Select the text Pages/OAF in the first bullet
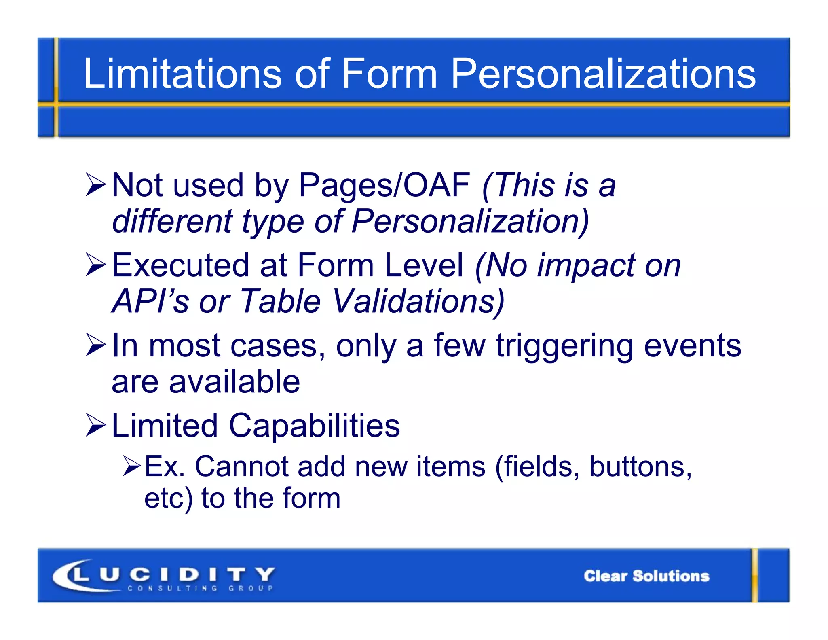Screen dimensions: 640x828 [x=384, y=186]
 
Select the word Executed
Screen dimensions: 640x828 [x=180, y=265]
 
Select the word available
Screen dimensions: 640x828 [x=234, y=382]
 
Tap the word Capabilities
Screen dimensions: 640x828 [x=314, y=426]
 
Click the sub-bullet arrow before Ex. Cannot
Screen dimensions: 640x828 [x=131, y=466]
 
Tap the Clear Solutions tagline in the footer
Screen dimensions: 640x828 [x=646, y=576]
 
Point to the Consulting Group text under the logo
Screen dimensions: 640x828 [x=200, y=588]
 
